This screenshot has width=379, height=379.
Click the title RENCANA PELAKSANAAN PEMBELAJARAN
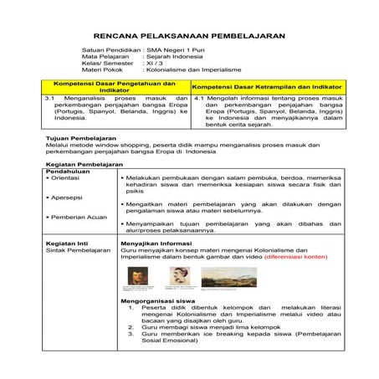click(x=189, y=37)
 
